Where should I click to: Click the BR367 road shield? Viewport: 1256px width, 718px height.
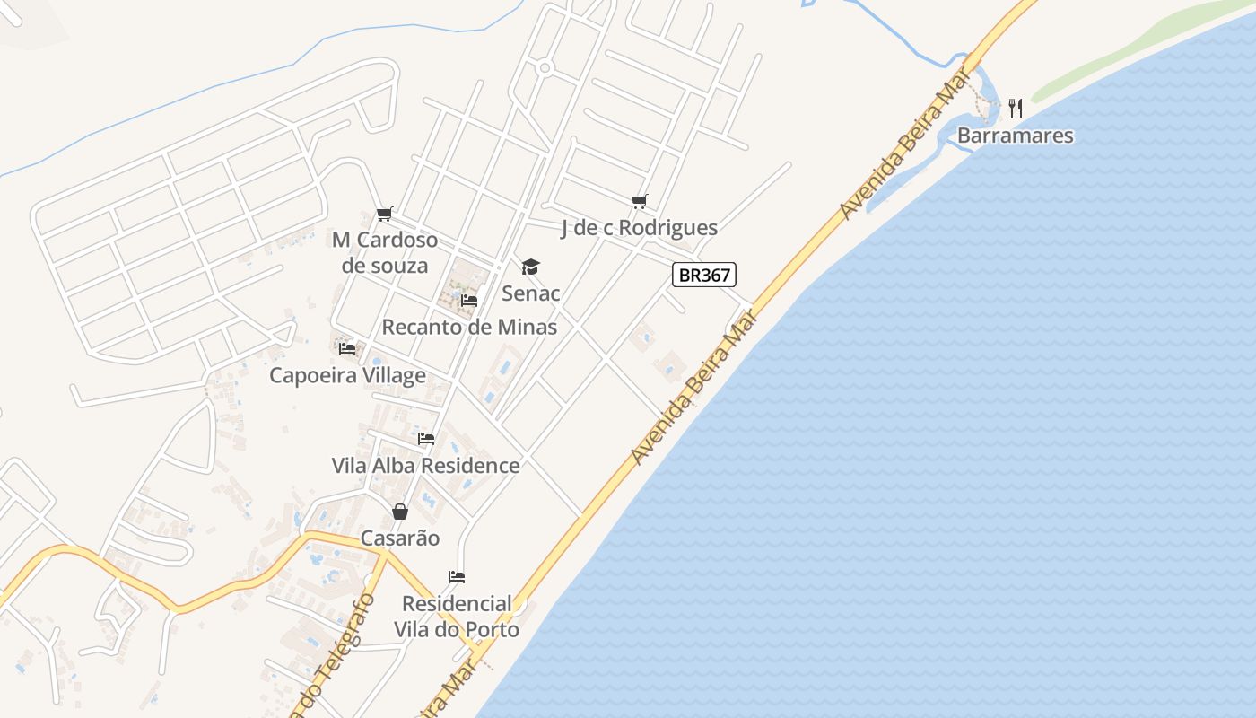point(704,275)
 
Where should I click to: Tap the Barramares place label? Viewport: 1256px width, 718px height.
point(1015,136)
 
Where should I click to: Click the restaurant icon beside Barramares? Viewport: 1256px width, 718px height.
point(1016,109)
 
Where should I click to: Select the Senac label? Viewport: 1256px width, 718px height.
point(530,293)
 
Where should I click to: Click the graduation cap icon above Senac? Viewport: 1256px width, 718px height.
point(531,267)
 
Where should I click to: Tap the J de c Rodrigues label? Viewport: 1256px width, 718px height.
point(639,228)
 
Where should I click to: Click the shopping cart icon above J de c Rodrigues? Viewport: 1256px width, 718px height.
point(639,201)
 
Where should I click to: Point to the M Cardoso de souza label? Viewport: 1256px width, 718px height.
point(385,252)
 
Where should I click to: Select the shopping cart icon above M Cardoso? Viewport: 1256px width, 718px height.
point(385,214)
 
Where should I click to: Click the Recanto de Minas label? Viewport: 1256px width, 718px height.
point(469,327)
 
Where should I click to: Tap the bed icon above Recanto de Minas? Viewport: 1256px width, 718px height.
point(468,301)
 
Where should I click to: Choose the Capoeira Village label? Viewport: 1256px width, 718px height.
point(347,375)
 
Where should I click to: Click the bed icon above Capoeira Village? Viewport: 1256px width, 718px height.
point(347,348)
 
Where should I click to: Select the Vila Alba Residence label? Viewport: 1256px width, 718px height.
point(425,466)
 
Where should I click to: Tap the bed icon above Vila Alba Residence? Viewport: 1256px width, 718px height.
point(425,439)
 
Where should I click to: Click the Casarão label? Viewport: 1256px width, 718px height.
point(400,538)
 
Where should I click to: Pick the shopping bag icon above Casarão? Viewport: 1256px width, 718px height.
point(400,512)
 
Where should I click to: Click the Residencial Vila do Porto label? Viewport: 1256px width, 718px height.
point(457,617)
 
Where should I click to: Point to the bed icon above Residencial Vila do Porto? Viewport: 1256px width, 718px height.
point(457,576)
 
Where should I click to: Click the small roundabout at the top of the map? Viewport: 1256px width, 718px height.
point(545,67)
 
